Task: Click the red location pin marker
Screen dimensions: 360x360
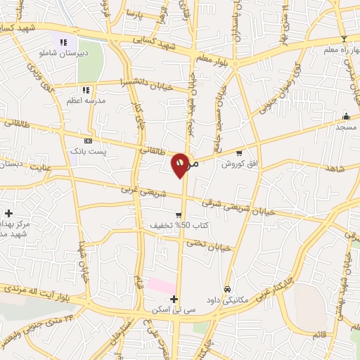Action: (181, 165)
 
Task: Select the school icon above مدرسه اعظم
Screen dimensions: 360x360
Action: (85, 90)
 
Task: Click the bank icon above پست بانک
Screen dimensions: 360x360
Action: (87, 140)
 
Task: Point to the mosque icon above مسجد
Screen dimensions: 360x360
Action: (345, 117)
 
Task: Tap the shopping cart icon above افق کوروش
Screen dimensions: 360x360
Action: (239, 153)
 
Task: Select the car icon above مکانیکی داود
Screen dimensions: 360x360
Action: (227, 289)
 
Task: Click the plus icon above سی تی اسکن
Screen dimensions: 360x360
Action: (174, 299)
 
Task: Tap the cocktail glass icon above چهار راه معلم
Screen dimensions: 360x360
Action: (343, 39)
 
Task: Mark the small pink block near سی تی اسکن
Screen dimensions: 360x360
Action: (162, 286)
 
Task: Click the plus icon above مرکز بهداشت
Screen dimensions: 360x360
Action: (8, 212)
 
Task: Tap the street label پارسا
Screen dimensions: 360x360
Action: (134, 13)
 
